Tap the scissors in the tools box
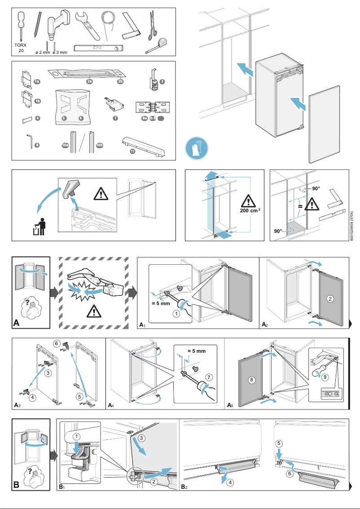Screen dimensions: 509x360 [153, 25]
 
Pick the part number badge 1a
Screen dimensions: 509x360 [37, 81]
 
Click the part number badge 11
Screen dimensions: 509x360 [132, 152]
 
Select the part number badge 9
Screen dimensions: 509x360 [37, 145]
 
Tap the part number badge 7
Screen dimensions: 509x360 [115, 118]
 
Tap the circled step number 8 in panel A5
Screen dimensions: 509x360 [251, 379]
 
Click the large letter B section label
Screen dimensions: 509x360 [17, 485]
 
